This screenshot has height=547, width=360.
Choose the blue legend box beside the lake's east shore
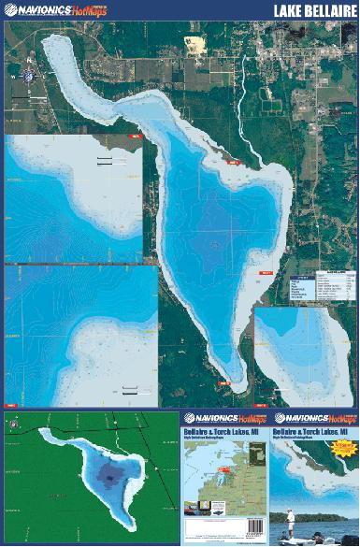click(302, 288)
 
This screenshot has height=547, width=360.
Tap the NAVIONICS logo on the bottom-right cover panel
click(314, 418)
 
